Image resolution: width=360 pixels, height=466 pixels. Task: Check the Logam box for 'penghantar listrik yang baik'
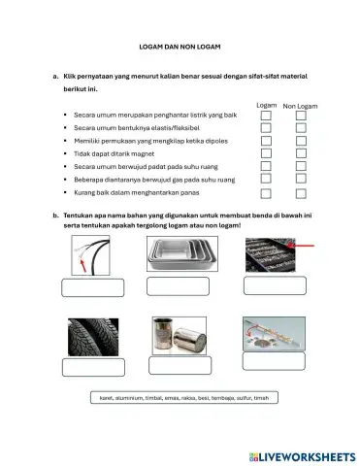tap(266, 114)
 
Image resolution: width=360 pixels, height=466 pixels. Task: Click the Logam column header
tap(266, 103)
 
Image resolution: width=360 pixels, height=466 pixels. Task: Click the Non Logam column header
tap(301, 103)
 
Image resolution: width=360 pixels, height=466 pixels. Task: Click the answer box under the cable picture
tap(92, 287)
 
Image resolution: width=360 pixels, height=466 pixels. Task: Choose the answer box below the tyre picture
tap(93, 367)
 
